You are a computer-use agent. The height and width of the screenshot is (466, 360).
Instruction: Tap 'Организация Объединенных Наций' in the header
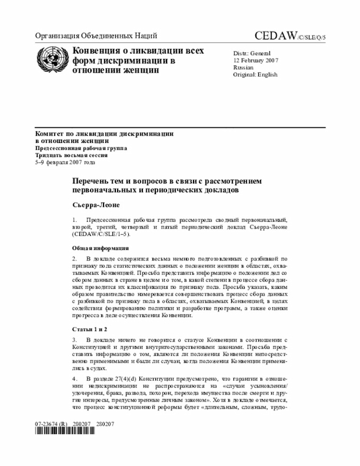click(x=96, y=37)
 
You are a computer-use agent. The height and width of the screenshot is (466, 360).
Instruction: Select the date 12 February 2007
click(x=256, y=60)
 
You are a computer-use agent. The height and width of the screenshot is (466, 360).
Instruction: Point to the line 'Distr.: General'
click(x=252, y=53)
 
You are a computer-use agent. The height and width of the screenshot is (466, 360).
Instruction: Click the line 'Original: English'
click(x=255, y=75)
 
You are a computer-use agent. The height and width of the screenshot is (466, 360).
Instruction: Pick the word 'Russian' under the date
click(x=243, y=68)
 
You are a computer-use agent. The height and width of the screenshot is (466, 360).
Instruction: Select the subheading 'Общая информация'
click(x=101, y=248)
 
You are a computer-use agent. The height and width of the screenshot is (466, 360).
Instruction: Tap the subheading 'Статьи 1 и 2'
click(x=89, y=328)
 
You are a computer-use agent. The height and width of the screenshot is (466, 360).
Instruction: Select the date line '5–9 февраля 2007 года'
click(x=65, y=162)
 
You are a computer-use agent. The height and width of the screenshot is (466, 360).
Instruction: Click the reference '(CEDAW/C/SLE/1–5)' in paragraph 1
click(x=101, y=233)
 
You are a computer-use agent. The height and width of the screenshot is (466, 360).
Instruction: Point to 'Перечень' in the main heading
click(x=91, y=181)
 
